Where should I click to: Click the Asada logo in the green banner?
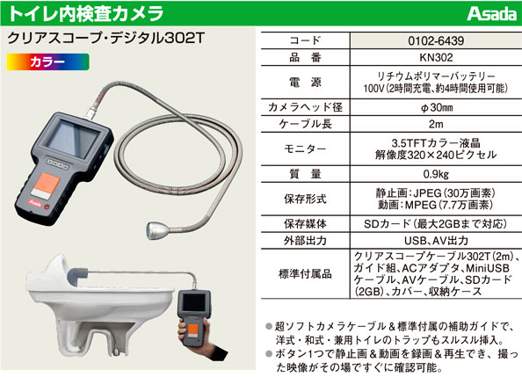[491, 14]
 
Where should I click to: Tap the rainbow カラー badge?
[48, 62]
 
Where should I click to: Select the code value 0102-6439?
[436, 41]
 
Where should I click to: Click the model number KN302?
[436, 58]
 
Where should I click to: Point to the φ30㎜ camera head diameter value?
[437, 107]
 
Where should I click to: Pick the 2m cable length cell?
[436, 124]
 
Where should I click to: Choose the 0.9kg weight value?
[436, 174]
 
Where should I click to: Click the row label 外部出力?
[305, 241]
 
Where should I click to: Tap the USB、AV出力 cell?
[436, 241]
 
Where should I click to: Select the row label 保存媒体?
[305, 224]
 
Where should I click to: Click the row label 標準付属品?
[305, 274]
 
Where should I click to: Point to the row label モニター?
[305, 149]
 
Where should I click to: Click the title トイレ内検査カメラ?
[86, 14]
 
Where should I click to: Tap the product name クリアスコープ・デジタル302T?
[105, 39]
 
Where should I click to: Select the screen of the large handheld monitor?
[73, 138]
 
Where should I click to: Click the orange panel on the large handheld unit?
[47, 185]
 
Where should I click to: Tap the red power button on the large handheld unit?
[47, 207]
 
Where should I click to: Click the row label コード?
[305, 40]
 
